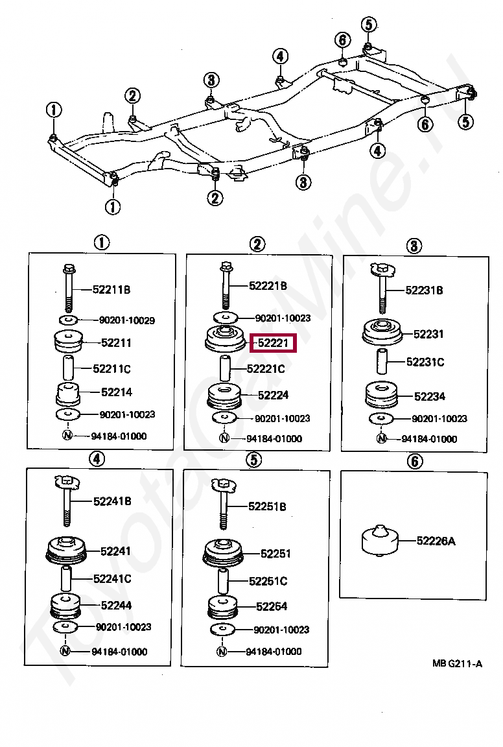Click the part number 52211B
pyautogui.click(x=112, y=290)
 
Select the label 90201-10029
pyautogui.click(x=127, y=320)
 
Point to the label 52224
pyautogui.click(x=273, y=395)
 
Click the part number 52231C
pyautogui.click(x=425, y=362)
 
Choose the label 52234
pyautogui.click(x=429, y=396)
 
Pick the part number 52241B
pyautogui.click(x=112, y=501)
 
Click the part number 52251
pyautogui.click(x=275, y=554)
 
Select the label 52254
pyautogui.click(x=272, y=606)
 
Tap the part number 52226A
pyautogui.click(x=436, y=540)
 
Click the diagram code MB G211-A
pyautogui.click(x=458, y=663)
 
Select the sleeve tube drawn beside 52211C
pyautogui.click(x=68, y=368)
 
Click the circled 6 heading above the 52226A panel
pyautogui.click(x=414, y=460)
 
